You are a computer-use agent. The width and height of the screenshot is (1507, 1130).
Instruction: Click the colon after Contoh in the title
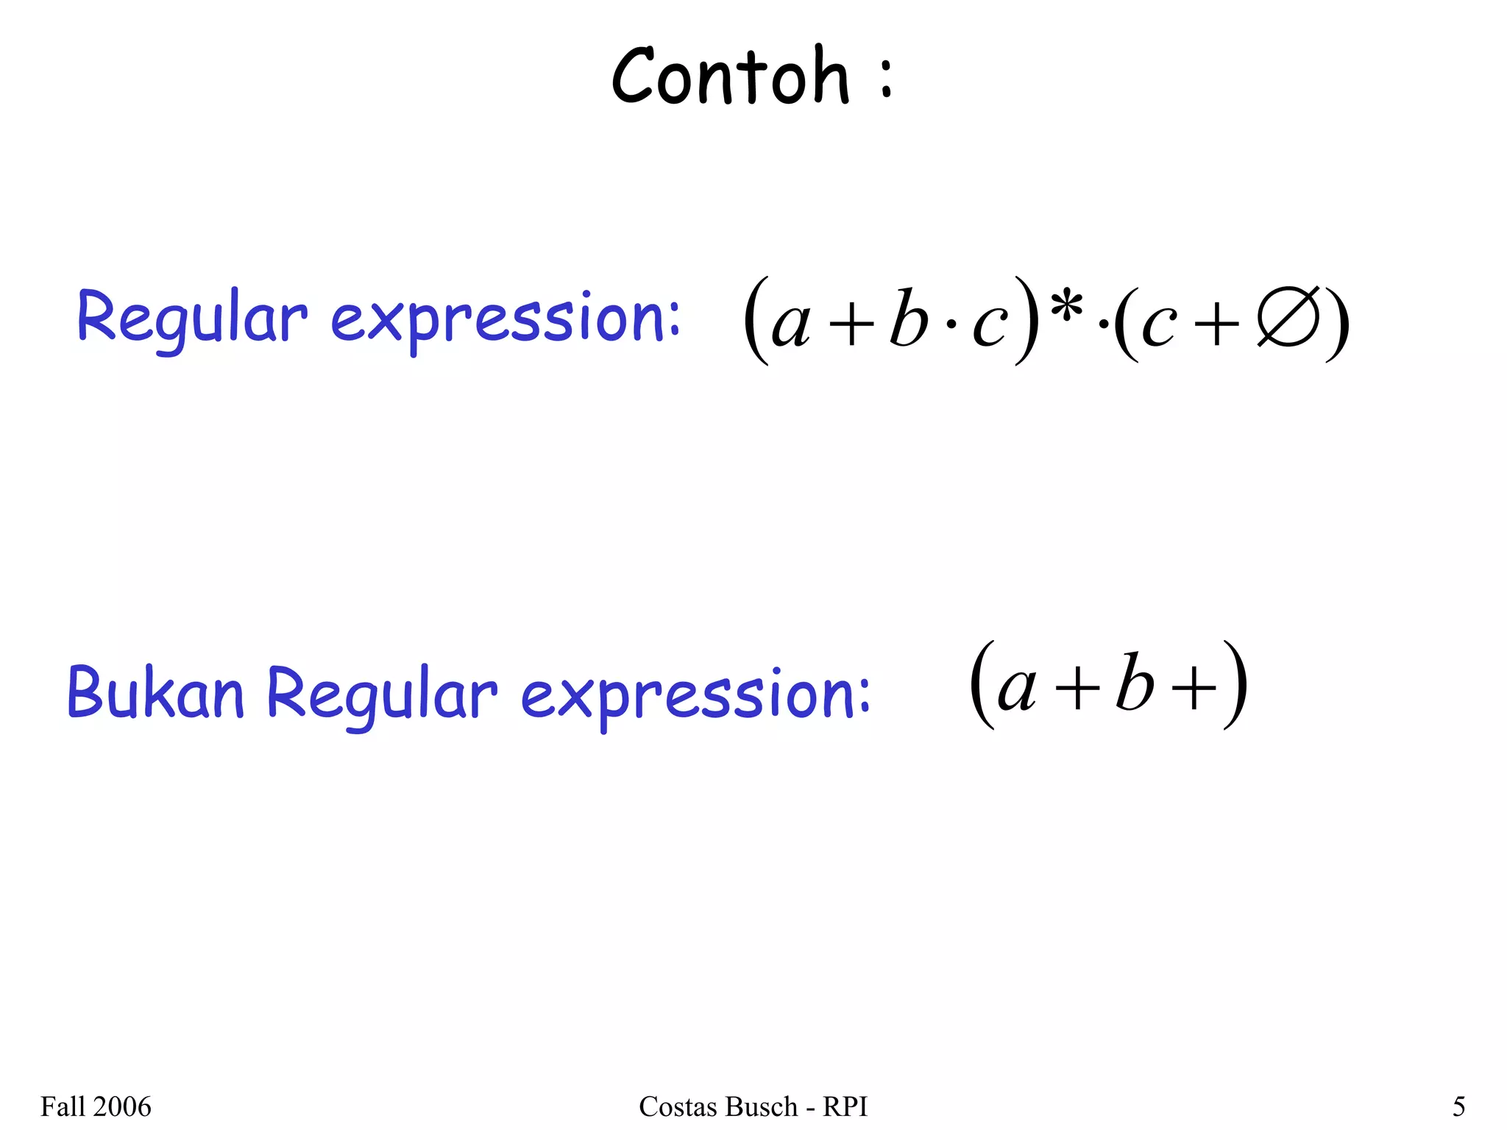tap(886, 79)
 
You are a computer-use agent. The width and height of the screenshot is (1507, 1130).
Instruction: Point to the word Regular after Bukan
tap(382, 694)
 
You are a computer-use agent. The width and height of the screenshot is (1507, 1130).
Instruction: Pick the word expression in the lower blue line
tap(695, 694)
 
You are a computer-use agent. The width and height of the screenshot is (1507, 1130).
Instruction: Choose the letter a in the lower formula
tap(1017, 689)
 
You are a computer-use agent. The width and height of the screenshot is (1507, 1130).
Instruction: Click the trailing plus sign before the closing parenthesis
tap(1194, 689)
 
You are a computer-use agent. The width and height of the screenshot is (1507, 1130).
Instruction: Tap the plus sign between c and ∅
tap(1217, 323)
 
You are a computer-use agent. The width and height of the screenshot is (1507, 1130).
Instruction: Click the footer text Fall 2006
tap(96, 1106)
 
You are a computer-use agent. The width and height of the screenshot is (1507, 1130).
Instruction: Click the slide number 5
tap(1458, 1106)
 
